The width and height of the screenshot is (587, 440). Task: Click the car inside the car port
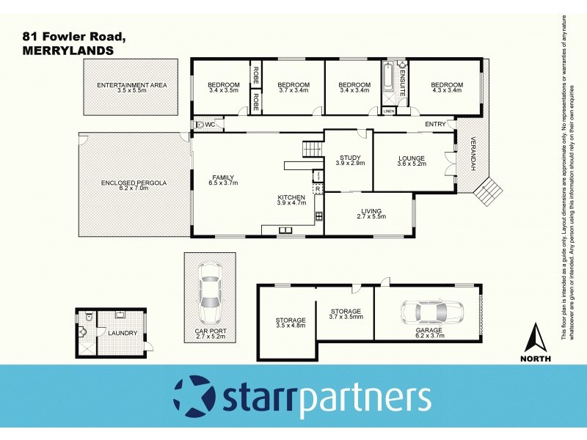point(210,296)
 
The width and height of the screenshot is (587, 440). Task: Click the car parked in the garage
point(432,312)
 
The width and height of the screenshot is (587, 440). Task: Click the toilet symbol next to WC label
point(200,125)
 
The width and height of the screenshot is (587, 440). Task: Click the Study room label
point(349,161)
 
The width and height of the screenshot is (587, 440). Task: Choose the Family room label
point(224,180)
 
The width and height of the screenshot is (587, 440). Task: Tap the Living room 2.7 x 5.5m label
point(370,215)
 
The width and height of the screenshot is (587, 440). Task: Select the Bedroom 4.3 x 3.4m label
point(447,87)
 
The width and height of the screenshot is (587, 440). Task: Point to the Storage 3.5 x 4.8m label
point(291,323)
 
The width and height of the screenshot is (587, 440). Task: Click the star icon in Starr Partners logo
point(192,396)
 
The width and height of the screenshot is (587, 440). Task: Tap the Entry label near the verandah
point(435,124)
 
